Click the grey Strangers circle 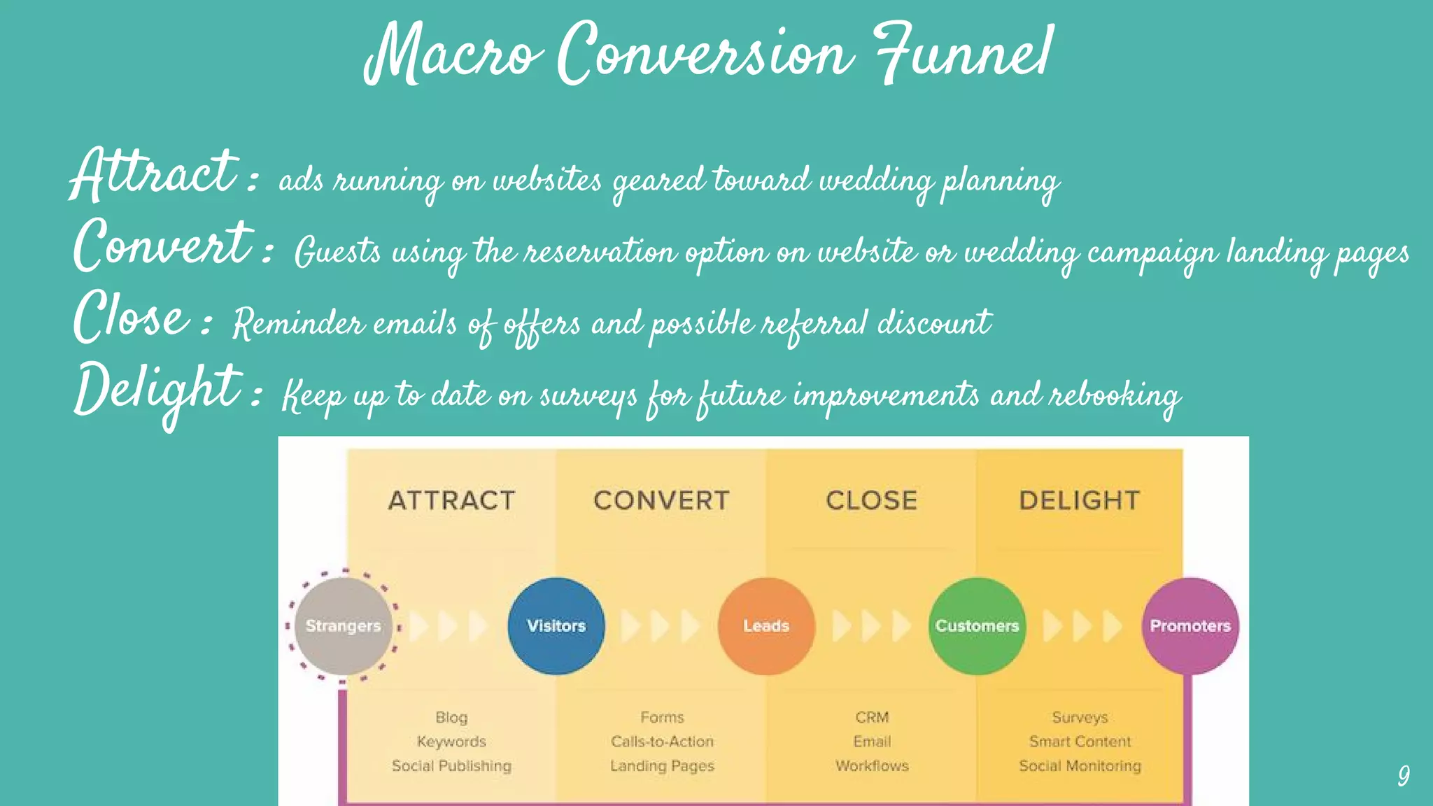pos(343,625)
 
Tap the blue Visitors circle pos(556,625)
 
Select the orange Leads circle pos(766,625)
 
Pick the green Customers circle pos(977,625)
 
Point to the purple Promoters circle pos(1190,625)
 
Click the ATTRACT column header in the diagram pos(452,500)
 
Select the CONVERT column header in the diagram pos(661,500)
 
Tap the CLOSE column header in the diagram pos(871,500)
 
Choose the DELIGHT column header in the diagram pos(1080,500)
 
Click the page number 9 pos(1403,775)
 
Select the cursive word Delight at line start pos(157,390)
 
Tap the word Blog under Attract pos(451,717)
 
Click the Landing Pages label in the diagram pos(662,765)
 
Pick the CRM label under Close pos(872,717)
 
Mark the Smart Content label pos(1080,741)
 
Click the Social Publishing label pos(451,765)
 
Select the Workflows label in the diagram pos(872,765)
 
